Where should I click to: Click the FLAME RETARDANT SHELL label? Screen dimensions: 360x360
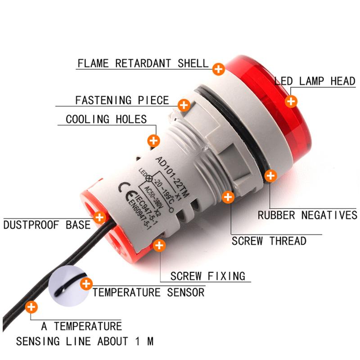143,63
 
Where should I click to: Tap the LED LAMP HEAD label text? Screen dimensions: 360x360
315,81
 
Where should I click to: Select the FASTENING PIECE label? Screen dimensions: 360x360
122,100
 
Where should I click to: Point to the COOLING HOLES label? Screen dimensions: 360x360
106,119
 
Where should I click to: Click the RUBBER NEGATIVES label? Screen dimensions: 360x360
307,215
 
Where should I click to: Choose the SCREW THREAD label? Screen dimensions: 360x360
269,241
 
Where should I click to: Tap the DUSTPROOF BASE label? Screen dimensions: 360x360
47,224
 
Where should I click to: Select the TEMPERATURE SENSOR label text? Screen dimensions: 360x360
148,292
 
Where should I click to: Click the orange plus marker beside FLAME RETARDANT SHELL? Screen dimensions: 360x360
219,69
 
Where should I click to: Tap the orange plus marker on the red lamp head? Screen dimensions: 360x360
291,101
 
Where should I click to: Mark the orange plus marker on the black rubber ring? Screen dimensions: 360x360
270,175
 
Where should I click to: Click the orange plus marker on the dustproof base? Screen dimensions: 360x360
99,217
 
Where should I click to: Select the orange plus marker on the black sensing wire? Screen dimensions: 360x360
31,308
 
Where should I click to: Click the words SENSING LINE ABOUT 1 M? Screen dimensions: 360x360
85,341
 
